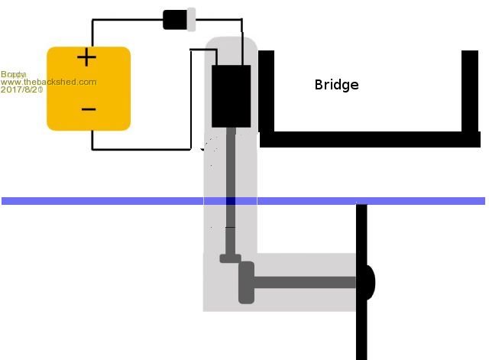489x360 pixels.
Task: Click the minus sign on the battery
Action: (x=88, y=109)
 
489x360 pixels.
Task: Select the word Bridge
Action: (x=336, y=85)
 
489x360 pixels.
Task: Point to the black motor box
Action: (x=231, y=96)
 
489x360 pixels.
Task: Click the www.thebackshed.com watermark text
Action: (x=50, y=82)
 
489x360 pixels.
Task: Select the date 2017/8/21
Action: (x=21, y=90)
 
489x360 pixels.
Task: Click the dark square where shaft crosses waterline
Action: (x=231, y=201)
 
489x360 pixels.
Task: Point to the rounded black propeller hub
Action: (x=368, y=283)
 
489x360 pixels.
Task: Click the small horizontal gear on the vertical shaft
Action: (x=231, y=258)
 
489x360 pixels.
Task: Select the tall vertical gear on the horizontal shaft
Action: (x=246, y=283)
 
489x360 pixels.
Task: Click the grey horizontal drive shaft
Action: (x=306, y=283)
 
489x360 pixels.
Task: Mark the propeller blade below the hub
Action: (x=361, y=329)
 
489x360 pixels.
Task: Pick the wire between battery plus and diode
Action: (x=126, y=21)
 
